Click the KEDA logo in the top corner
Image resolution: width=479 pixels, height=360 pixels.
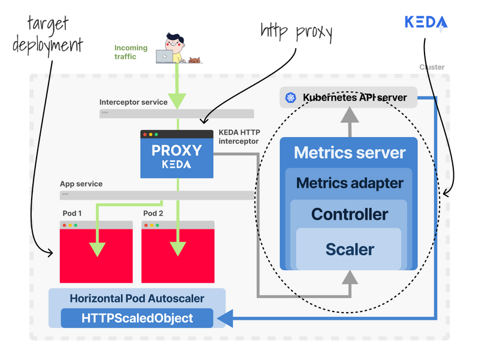coord(426,23)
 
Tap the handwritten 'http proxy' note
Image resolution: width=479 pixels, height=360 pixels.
coord(296,32)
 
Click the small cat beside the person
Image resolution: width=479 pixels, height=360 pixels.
coord(195,59)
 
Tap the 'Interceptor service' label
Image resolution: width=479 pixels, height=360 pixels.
coord(134,102)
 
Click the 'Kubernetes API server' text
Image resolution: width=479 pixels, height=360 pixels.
coord(355,97)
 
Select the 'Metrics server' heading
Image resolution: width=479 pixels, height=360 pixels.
coord(349,152)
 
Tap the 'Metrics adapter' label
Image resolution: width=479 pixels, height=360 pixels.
coord(349,183)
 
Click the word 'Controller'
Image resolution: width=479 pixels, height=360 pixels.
coord(350,214)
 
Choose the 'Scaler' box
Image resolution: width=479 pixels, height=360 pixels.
coord(350,249)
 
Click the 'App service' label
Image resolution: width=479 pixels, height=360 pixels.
coord(81,184)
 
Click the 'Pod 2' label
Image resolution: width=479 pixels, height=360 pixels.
coord(153,213)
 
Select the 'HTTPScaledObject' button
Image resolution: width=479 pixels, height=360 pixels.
coord(137,318)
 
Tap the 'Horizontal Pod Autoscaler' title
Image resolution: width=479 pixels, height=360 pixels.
coord(137,298)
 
